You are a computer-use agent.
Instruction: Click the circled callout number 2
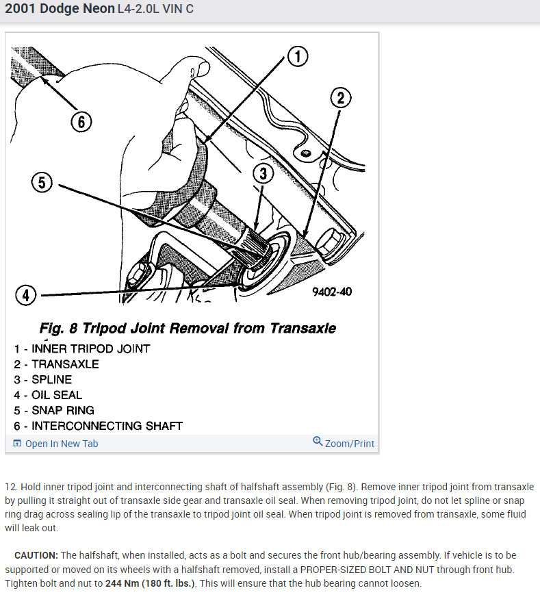pos(340,99)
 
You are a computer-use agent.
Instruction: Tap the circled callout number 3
pos(263,174)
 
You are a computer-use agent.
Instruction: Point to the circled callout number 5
pos(42,183)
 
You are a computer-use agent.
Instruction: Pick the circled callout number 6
pos(81,122)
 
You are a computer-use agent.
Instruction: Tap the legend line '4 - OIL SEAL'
pos(48,395)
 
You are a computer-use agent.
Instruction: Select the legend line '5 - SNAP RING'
pos(53,410)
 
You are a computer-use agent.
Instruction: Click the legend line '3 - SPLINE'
pos(43,379)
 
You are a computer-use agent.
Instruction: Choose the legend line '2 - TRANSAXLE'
pos(56,364)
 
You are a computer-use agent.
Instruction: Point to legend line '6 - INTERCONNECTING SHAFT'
pos(98,426)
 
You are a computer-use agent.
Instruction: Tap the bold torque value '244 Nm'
pos(121,583)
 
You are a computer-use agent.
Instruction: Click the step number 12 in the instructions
pos(10,487)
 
